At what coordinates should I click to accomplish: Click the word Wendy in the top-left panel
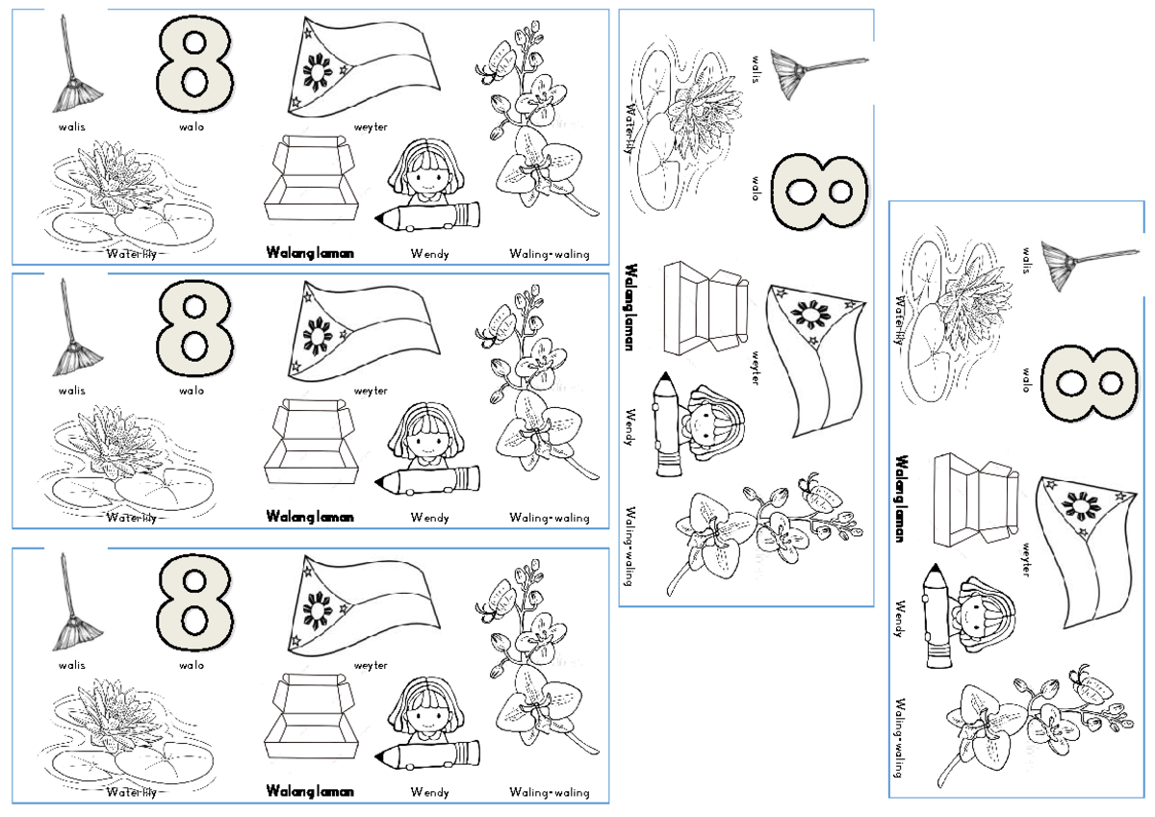coord(429,254)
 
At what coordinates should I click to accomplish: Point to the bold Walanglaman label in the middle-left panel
coord(309,518)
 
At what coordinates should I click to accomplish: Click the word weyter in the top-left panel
coord(371,126)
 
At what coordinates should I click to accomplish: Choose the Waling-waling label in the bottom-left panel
coord(549,792)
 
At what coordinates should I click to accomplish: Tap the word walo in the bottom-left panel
coord(191,665)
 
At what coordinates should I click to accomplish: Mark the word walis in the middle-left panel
coord(71,391)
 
